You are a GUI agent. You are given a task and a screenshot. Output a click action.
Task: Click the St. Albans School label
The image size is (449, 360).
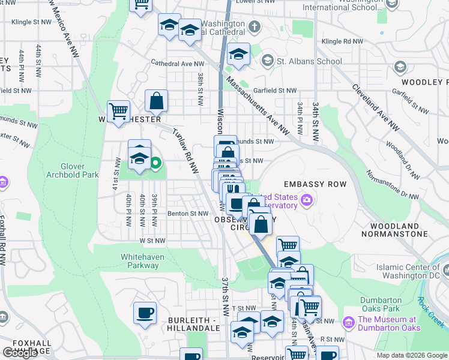309,61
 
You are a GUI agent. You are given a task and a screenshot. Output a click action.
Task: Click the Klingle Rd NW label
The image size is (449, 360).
342,41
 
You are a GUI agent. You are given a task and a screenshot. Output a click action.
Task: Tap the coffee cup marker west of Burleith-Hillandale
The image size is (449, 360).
145,313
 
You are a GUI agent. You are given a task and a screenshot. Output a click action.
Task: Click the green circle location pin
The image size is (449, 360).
155,162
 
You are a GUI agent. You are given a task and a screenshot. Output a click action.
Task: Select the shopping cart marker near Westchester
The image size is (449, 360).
118,110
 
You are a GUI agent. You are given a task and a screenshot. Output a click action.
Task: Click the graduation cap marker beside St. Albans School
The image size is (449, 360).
238,53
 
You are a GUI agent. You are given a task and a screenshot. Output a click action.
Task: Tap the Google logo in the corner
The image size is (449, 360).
20,353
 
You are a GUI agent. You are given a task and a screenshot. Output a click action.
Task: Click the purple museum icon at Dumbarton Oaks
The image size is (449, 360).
348,323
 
